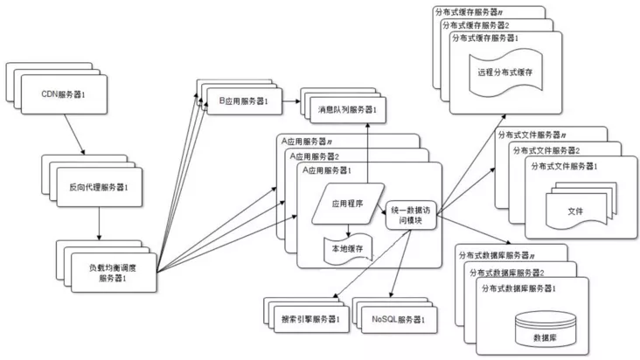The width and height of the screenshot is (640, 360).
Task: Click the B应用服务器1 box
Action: click(245, 103)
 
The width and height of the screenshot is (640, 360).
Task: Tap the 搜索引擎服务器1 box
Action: click(307, 320)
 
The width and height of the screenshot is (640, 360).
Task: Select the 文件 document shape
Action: click(575, 210)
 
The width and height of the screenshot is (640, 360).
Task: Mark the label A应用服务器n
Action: click(307, 140)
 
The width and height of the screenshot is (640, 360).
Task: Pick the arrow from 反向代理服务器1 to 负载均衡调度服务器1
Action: click(99, 223)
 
